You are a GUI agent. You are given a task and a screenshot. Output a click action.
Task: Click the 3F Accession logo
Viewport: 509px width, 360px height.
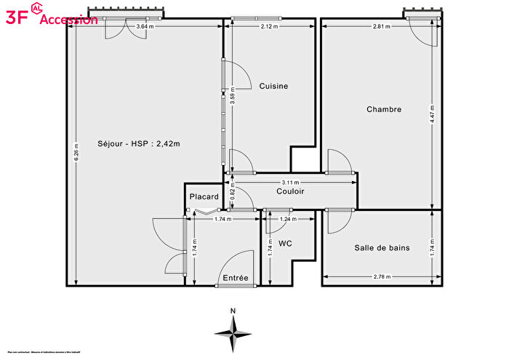point(51,17)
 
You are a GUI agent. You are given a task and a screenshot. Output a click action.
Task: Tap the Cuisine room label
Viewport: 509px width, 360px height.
point(273,86)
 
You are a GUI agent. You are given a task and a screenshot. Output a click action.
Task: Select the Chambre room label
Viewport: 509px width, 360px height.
point(384,110)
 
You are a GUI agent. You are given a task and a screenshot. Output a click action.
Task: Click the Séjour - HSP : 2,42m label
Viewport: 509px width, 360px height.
point(138,143)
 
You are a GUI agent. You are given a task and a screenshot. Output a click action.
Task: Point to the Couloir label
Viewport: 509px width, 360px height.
point(290,191)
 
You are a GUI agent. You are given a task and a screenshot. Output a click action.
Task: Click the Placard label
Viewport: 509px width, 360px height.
point(204,197)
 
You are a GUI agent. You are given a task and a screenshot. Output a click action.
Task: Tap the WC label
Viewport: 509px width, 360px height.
point(285,244)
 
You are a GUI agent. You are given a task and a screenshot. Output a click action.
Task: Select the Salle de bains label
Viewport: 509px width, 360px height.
point(382,248)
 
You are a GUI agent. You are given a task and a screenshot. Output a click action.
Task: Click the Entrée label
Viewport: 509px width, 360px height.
point(236,278)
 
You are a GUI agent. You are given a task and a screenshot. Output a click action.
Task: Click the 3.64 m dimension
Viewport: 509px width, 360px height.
point(145,27)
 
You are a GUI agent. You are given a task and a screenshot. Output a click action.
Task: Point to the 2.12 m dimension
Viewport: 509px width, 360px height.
point(270,27)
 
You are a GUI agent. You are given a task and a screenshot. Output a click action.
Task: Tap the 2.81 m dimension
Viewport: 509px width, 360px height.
point(381,27)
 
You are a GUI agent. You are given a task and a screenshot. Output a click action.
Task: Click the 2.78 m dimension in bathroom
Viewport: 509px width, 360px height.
point(381,276)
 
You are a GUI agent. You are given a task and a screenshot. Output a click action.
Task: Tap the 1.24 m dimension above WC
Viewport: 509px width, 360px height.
point(289,219)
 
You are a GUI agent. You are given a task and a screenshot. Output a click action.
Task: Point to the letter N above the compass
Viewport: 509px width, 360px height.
point(233,311)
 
